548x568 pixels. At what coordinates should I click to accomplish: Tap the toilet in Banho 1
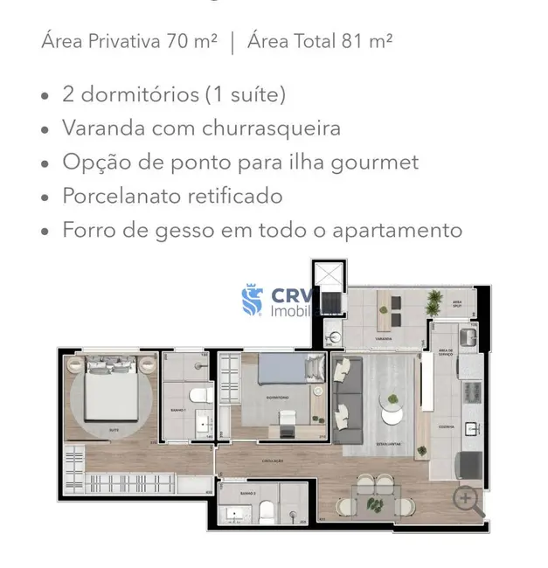tap(199, 397)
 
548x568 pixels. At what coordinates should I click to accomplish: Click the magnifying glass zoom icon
tap(467, 500)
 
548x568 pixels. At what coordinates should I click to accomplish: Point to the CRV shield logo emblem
tap(253, 301)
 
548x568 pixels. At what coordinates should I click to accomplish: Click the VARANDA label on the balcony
tap(383, 338)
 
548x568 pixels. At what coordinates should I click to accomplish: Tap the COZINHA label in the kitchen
tap(447, 427)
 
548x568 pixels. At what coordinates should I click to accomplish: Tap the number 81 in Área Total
tap(357, 41)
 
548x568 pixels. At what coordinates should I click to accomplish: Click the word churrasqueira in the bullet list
tap(271, 128)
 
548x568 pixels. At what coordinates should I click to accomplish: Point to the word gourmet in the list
tap(378, 162)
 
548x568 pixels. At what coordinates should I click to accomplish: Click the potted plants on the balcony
tap(434, 302)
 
